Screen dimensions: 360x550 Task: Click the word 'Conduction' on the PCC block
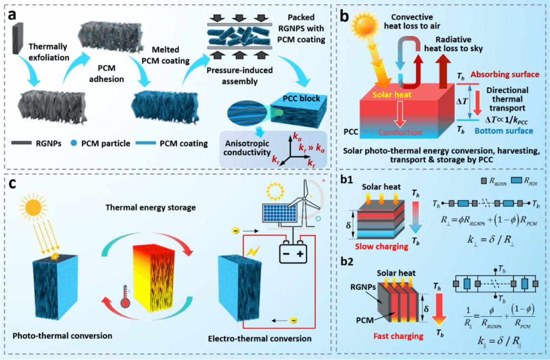pos(401,132)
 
